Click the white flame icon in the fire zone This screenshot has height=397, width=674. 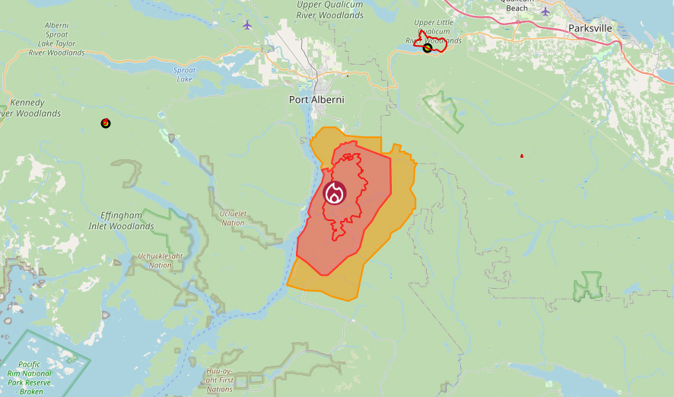[334, 194]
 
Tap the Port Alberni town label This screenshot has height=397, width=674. [316, 100]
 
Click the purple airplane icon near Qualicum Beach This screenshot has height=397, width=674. [545, 11]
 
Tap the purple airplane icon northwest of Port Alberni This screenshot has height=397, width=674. [247, 24]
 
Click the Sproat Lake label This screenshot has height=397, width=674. [185, 74]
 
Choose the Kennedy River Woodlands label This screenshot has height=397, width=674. [30, 107]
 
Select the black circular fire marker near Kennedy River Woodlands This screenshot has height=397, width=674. [106, 123]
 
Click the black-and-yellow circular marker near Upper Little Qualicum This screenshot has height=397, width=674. [428, 48]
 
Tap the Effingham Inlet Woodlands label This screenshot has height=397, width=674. [127, 220]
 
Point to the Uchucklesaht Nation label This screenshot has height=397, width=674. [160, 261]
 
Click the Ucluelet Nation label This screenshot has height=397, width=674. [232, 218]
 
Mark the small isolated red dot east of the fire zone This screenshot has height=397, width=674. [522, 155]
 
